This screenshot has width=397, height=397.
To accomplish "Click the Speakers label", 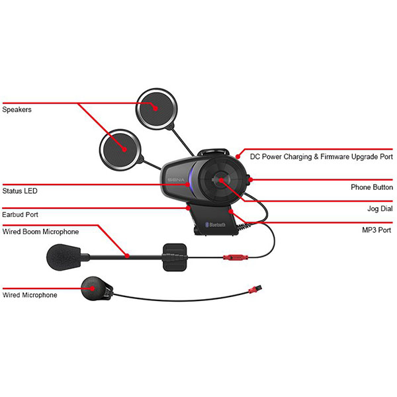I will pyautogui.click(x=17, y=109).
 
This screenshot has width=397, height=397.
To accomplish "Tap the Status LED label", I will pyautogui.click(x=20, y=191).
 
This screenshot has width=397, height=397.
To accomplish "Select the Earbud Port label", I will pyautogui.click(x=20, y=214).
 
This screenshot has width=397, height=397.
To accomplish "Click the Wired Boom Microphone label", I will pyautogui.click(x=41, y=232).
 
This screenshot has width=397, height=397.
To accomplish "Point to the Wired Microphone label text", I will pyautogui.click(x=30, y=295).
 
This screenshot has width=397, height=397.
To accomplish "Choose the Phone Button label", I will pyautogui.click(x=371, y=187).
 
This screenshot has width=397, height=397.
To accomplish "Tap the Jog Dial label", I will pyautogui.click(x=379, y=208).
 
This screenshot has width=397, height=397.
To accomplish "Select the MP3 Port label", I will pyautogui.click(x=376, y=230).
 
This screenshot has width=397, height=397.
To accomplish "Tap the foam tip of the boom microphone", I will pyautogui.click(x=64, y=255).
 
